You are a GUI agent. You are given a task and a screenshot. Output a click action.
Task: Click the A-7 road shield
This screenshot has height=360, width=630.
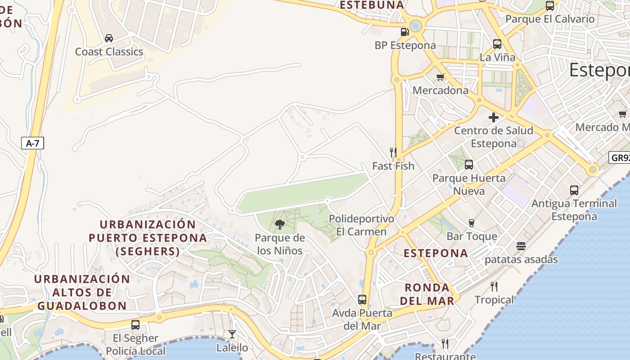32,144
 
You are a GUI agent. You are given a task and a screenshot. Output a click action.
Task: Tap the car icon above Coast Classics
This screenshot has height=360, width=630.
109,38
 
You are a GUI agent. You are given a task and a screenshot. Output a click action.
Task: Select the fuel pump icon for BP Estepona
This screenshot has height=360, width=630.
405,32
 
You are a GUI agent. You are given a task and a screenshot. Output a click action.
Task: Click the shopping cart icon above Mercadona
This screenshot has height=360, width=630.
441,77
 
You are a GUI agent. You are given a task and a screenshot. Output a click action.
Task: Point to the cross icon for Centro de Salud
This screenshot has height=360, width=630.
494,117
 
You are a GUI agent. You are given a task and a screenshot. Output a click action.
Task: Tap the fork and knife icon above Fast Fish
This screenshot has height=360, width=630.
393,153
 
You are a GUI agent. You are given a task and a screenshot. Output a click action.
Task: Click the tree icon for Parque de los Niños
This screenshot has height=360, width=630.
280,224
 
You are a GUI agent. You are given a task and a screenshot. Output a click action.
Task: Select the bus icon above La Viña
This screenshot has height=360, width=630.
497,44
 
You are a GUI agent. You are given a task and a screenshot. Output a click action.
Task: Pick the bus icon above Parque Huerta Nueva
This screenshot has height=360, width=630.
469,165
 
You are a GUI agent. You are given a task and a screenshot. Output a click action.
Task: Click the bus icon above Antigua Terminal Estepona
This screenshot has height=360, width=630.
574,190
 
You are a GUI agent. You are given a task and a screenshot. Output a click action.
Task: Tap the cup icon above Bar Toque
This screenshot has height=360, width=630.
472,223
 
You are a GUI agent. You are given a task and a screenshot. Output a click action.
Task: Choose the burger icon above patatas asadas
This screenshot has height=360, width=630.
521,246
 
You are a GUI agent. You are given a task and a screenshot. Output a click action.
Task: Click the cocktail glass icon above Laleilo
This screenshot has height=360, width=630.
232,334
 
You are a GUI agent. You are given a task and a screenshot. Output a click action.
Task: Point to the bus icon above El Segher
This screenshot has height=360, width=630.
135,325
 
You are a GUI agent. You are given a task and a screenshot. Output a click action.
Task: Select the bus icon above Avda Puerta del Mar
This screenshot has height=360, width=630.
362,300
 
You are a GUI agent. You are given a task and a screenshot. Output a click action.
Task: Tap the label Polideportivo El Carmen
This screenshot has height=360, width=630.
361,225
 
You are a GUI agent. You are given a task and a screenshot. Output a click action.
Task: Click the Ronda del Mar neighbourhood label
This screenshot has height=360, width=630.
427,294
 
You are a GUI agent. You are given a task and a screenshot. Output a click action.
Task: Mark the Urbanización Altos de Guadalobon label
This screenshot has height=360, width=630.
82,292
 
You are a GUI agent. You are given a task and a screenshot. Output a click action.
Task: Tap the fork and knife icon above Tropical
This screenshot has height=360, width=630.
494,287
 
